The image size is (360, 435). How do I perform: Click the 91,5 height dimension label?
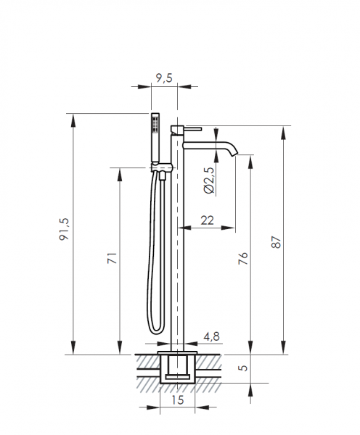[64, 229]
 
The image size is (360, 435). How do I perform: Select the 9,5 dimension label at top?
[164, 78]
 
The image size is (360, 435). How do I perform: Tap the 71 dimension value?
[112, 257]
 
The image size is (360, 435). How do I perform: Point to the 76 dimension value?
[243, 258]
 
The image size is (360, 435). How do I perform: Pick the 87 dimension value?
[276, 242]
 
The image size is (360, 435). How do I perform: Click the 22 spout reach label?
[208, 220]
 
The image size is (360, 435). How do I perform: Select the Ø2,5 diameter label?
[209, 180]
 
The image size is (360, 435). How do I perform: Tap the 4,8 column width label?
[211, 336]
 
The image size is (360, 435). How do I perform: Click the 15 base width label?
[178, 399]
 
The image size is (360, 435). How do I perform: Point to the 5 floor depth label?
[243, 368]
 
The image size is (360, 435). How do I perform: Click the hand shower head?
[155, 137]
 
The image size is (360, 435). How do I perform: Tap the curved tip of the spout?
[234, 150]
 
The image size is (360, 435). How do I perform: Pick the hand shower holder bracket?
[163, 167]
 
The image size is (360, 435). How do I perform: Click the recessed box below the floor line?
[178, 369]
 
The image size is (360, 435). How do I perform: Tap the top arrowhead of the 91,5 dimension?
[73, 120]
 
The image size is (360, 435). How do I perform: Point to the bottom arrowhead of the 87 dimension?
[283, 348]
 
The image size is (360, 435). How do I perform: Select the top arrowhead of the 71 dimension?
[120, 175]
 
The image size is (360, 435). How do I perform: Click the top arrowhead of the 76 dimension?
[250, 162]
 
